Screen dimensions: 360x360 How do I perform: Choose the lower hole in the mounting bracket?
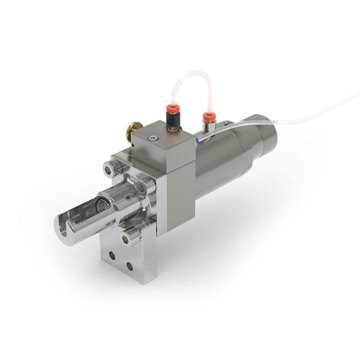click(130, 267)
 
